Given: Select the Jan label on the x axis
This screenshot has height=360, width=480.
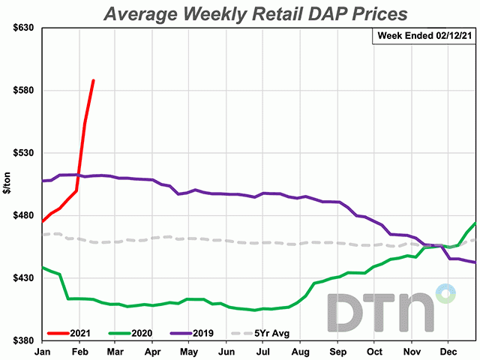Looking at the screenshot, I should pyautogui.click(x=43, y=350).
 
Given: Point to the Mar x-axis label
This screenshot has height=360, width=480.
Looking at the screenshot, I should pyautogui.click(x=115, y=350).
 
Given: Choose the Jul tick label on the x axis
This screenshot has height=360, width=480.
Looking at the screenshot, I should pyautogui.click(x=262, y=350).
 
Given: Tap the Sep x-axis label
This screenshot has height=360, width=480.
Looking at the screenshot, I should pyautogui.click(x=337, y=350).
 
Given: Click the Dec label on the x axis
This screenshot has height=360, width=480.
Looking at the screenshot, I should pyautogui.click(x=448, y=350).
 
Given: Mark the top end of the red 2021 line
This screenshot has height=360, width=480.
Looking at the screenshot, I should pyautogui.click(x=93, y=80).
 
